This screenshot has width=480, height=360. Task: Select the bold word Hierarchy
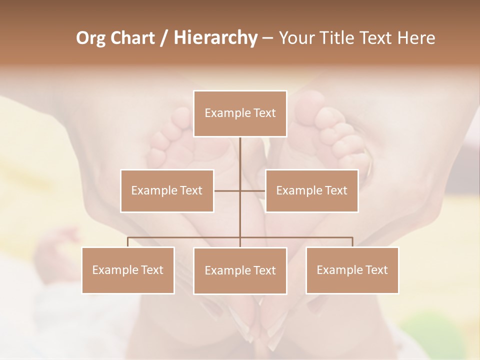pyautogui.click(x=215, y=38)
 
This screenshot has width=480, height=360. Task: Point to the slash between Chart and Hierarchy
pyautogui.click(x=163, y=38)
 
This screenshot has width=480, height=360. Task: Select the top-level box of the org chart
pyautogui.click(x=240, y=113)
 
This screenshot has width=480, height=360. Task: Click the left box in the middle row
pyautogui.click(x=167, y=190)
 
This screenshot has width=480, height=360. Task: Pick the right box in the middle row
pyautogui.click(x=311, y=190)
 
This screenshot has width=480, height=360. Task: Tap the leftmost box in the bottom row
pyautogui.click(x=128, y=270)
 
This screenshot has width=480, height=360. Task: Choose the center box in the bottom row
pyautogui.click(x=240, y=270)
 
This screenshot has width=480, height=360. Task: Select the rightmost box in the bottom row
pyautogui.click(x=352, y=270)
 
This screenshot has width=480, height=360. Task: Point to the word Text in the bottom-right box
pyautogui.click(x=376, y=270)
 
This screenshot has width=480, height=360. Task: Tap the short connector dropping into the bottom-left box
pyautogui.click(x=128, y=242)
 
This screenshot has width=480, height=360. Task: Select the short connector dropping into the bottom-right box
pyautogui.click(x=352, y=242)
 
